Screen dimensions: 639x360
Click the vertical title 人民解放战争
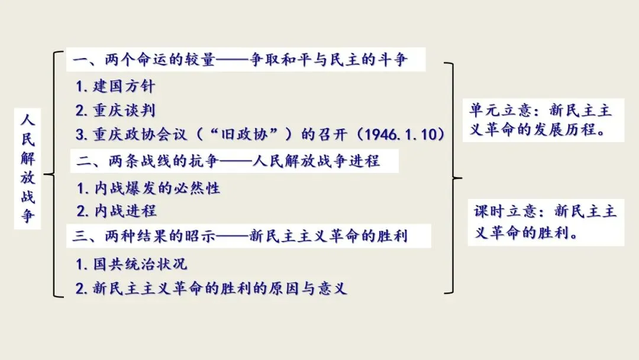pyautogui.click(x=28, y=168)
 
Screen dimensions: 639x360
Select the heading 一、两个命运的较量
pyautogui.click(x=144, y=60)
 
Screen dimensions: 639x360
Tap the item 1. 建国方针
pyautogui.click(x=115, y=86)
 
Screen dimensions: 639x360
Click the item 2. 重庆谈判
pyautogui.click(x=115, y=110)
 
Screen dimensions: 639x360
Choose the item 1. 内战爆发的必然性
pyautogui.click(x=149, y=188)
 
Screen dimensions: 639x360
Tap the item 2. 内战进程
pyautogui.click(x=117, y=211)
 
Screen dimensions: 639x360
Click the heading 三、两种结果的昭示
pyautogui.click(x=144, y=236)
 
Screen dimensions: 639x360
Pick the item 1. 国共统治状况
pyautogui.click(x=131, y=264)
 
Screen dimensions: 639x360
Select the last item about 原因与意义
pyautogui.click(x=211, y=288)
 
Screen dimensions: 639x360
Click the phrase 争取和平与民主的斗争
pyautogui.click(x=328, y=60)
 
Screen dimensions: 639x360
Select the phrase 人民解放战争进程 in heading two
pyautogui.click(x=316, y=161)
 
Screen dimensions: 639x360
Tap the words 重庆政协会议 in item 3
pyautogui.click(x=140, y=134)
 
